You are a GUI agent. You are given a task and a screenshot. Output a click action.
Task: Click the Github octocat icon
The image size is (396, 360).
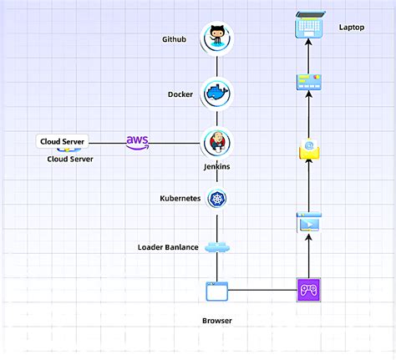point(217,38)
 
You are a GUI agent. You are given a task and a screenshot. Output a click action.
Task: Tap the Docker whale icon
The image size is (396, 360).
point(217,94)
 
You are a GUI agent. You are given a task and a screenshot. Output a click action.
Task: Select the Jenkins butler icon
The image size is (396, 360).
point(217,143)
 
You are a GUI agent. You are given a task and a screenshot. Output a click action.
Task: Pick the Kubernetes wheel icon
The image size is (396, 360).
point(217,198)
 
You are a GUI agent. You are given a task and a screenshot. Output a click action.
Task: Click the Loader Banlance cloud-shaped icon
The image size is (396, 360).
point(216,247)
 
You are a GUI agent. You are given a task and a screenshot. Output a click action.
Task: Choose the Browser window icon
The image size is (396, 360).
point(216,292)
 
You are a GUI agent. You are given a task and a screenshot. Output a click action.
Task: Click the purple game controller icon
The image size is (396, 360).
point(309,291)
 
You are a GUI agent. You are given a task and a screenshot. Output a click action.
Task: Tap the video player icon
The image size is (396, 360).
point(309,223)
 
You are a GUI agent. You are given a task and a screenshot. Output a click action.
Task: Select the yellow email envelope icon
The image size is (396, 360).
point(309,150)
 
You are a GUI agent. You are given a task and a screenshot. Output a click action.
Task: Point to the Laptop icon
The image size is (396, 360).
point(309,27)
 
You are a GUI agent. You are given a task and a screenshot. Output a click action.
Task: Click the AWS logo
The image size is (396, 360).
point(138,142)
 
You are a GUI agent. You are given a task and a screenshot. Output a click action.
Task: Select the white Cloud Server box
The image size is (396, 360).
point(63,142)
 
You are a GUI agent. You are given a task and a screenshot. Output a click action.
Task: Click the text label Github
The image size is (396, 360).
point(175,39)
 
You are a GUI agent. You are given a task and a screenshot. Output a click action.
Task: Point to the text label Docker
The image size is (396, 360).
point(180,94)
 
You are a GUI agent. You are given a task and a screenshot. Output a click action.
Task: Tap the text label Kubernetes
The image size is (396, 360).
point(180,199)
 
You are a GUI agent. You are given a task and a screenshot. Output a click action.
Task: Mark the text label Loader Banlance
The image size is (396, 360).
point(167,247)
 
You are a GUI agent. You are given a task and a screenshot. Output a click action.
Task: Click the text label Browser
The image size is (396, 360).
point(216,320)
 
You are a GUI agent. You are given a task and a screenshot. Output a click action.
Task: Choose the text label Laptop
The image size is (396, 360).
point(352,28)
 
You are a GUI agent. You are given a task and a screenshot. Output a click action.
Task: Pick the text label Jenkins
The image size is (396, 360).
point(217,166)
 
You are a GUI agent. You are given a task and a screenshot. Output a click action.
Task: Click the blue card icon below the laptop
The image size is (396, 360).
point(309,82)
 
